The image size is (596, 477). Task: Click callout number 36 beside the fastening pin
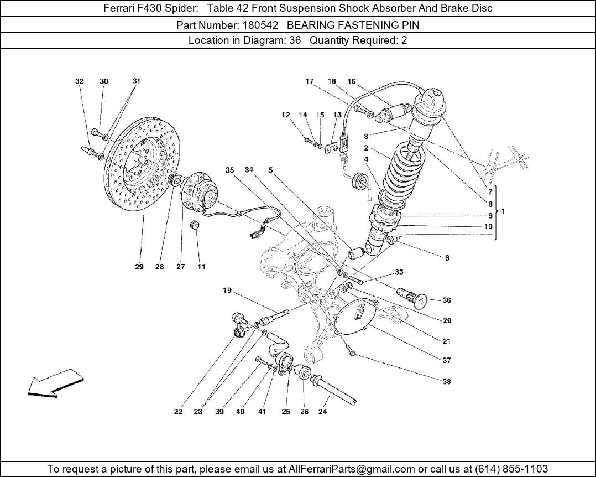point(447,300)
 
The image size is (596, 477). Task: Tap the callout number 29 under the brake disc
point(139,267)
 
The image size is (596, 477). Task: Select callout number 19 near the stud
point(227,291)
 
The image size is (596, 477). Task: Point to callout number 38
point(447,381)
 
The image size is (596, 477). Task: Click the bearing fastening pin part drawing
point(414,298)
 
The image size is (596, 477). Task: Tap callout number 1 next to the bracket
point(503,211)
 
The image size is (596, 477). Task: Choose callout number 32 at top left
point(79,81)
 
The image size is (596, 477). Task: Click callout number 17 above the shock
point(310,81)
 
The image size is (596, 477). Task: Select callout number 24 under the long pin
point(323,412)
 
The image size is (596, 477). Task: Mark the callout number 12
point(285,115)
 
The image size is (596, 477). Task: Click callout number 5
point(270,170)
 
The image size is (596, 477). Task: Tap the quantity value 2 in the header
point(404,40)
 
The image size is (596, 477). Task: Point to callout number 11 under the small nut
point(201,267)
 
